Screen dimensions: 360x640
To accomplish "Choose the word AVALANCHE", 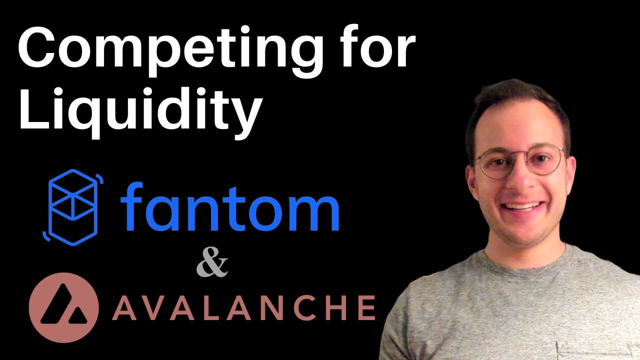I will click(x=243, y=307).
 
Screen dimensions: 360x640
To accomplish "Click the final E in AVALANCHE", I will click(x=366, y=307).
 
